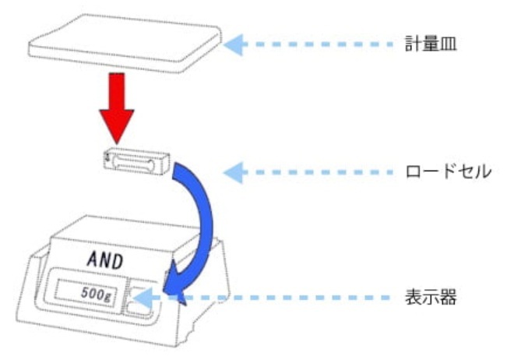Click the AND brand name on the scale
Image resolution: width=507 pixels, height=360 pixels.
coord(103,260)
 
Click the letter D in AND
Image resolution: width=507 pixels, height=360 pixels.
coord(118,260)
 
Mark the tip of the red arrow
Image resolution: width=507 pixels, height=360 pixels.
coord(118,134)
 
